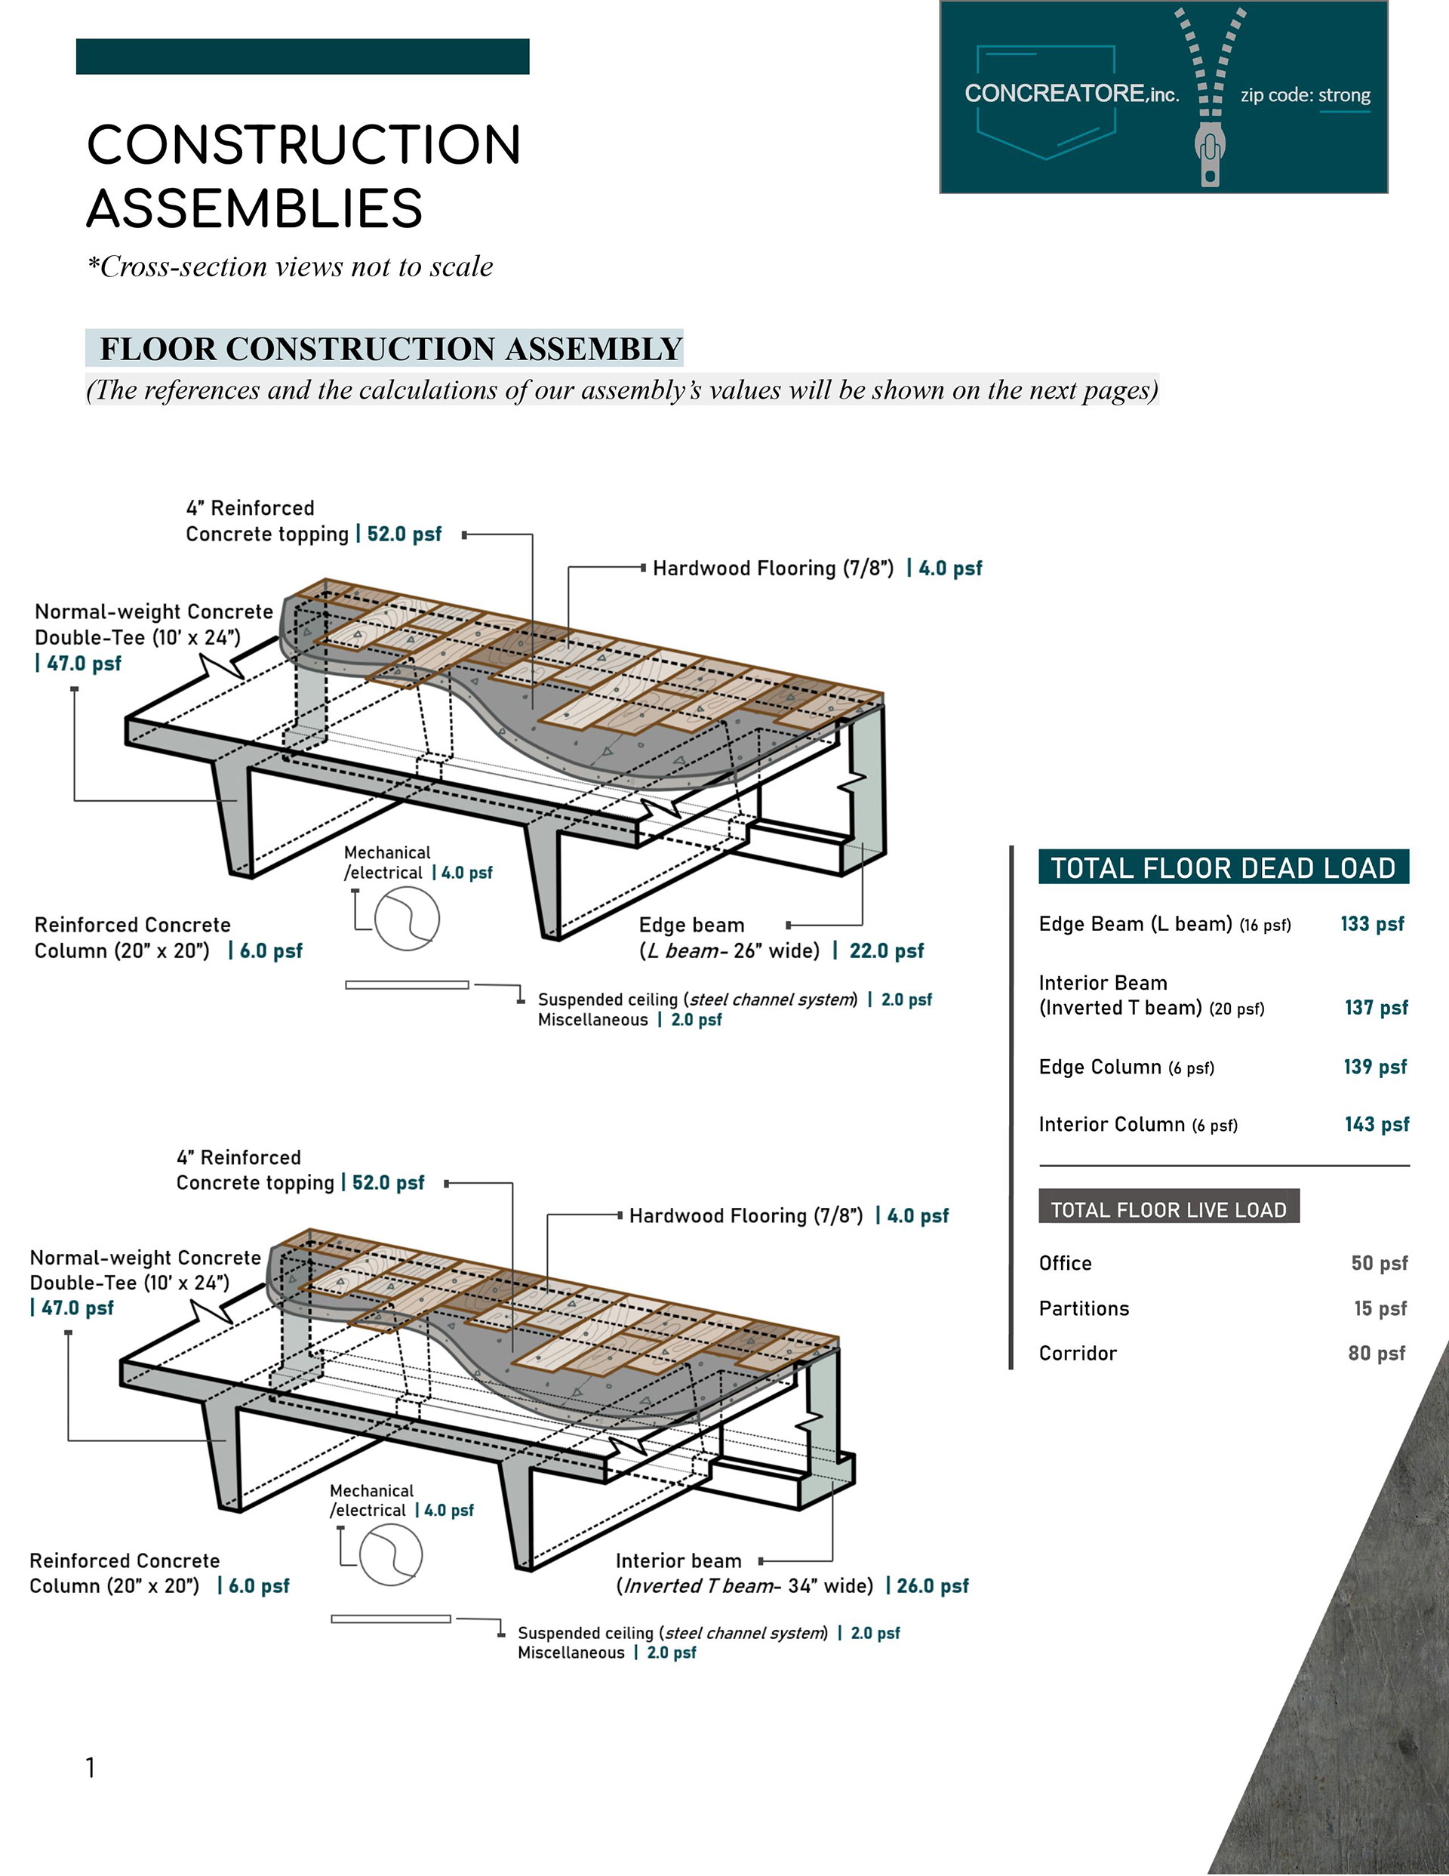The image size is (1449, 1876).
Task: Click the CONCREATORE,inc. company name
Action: coord(1071,94)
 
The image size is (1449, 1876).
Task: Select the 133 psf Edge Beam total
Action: coord(1372,923)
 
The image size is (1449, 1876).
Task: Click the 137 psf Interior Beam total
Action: coord(1376,1007)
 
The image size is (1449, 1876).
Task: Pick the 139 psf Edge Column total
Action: coord(1375,1066)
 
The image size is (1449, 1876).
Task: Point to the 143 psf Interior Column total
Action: coord(1377,1123)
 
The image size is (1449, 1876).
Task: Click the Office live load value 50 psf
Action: coord(1379,1263)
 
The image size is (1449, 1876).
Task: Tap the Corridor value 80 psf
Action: coord(1376,1353)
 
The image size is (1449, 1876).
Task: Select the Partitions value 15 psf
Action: coord(1380,1308)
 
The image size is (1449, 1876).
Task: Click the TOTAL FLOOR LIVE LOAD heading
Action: coord(1168,1209)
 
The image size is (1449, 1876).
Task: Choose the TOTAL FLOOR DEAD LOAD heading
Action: coord(1223,867)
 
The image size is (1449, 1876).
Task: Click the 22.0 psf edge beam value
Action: coord(887,951)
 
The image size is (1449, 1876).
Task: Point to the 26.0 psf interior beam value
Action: coord(932,1585)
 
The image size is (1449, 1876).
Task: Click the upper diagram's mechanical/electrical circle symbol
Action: coord(407,918)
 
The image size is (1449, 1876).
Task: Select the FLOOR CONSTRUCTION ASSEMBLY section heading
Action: coord(391,349)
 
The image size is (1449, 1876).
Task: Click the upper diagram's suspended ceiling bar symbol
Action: coord(407,984)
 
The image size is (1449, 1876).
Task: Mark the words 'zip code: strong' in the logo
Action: coord(1305,95)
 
